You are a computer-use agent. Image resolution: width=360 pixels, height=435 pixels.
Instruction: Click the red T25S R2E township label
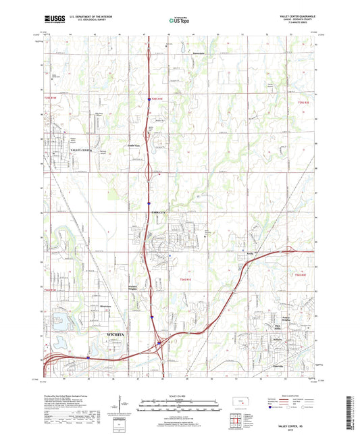point(302,101)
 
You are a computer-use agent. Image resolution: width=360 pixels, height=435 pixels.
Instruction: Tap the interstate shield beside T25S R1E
point(149,99)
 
